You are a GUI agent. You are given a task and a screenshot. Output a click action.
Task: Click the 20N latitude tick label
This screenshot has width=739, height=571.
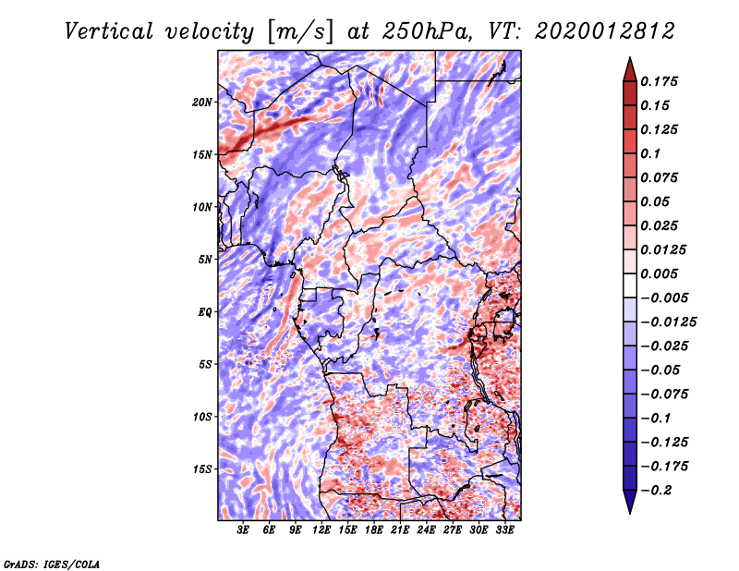202,103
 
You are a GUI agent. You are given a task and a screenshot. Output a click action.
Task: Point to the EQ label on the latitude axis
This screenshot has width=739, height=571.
204,312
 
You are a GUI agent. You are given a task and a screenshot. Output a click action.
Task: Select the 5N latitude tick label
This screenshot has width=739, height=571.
205,260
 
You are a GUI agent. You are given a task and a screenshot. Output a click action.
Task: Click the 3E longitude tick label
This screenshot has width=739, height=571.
242,530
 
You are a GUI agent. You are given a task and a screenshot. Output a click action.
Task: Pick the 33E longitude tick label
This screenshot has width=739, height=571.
504,530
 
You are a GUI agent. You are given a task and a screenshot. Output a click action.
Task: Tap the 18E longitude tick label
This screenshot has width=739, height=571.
374,530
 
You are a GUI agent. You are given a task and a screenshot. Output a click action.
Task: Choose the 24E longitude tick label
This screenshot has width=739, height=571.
426,530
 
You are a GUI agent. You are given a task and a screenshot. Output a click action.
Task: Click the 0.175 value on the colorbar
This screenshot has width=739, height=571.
659,81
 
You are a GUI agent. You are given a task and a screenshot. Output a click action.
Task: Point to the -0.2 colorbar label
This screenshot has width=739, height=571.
656,491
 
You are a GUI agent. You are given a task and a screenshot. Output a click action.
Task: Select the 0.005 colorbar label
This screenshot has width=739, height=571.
659,273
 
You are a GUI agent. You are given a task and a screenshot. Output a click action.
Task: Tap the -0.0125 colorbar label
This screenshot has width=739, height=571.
668,322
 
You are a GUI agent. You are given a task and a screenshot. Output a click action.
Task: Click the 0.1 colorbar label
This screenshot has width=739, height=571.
650,153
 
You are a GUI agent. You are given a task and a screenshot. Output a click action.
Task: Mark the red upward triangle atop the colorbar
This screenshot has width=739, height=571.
630,69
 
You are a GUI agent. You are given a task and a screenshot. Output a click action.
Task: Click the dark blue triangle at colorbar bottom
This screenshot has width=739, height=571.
630,502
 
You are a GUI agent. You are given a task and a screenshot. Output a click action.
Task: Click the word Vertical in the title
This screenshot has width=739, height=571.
109,31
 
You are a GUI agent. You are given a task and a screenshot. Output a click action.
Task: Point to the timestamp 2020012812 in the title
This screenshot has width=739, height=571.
605,31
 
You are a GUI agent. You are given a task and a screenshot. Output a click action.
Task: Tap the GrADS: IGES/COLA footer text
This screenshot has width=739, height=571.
52,564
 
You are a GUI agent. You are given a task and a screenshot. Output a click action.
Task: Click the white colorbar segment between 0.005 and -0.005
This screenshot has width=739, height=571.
630,285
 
